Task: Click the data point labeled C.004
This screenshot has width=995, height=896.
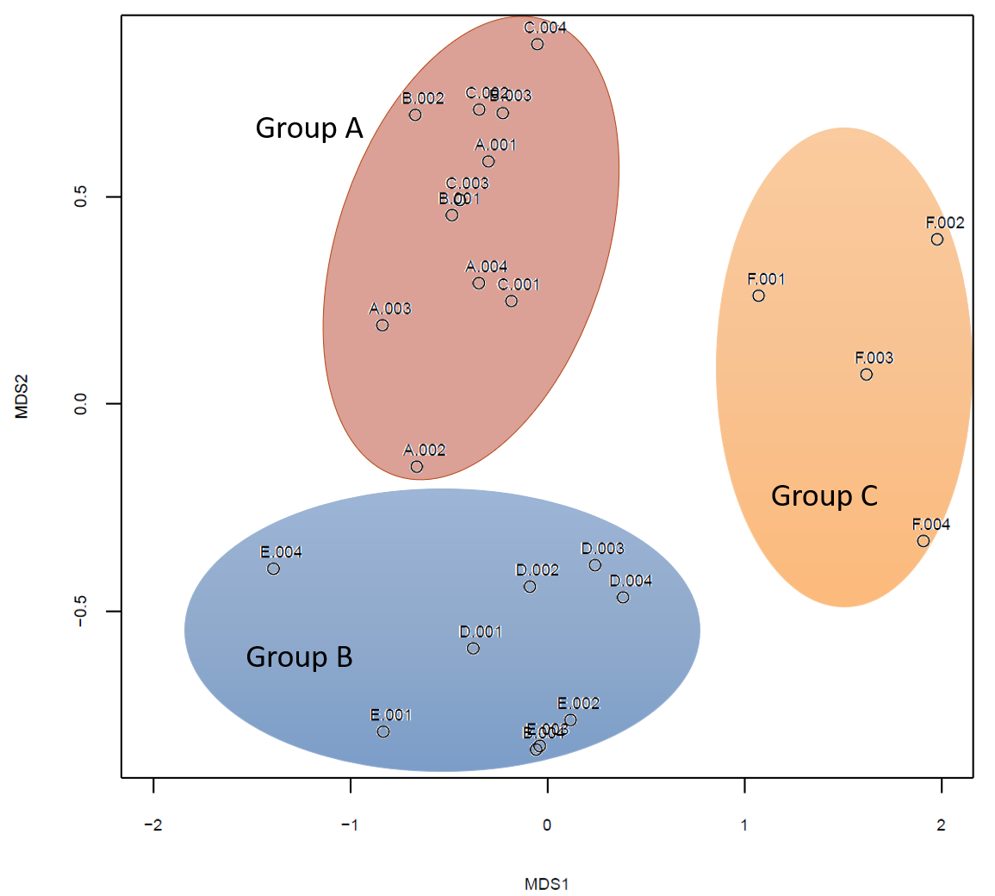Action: (538, 44)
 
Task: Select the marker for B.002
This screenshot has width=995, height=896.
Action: (415, 115)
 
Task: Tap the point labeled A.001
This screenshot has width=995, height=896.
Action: (488, 161)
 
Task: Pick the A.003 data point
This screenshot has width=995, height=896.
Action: (382, 325)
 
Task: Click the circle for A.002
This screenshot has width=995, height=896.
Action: (417, 466)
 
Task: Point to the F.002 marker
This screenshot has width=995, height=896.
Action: (937, 239)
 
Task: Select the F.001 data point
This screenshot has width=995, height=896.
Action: (758, 296)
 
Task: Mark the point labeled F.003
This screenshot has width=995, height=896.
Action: (867, 374)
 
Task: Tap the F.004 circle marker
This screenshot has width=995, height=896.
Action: (923, 541)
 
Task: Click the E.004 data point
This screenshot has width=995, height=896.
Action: (274, 569)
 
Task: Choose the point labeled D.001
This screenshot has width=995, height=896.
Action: (473, 648)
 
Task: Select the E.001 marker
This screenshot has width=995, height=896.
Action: (383, 731)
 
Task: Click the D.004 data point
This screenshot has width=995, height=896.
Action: (623, 597)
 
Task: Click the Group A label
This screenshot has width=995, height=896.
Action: (309, 128)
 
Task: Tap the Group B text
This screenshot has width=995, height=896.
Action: (299, 657)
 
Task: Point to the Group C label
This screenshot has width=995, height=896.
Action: (824, 496)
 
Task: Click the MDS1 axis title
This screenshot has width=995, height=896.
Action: (547, 884)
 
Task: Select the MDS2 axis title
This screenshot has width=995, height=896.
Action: (22, 396)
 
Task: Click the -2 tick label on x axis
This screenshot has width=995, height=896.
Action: (152, 825)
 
